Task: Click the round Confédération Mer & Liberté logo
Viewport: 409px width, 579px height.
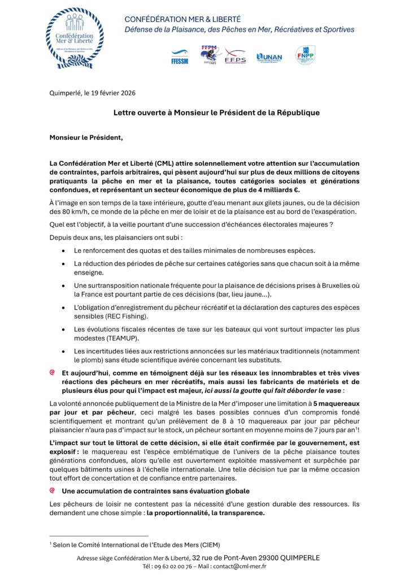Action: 75,38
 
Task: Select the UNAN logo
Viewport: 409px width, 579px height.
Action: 269,57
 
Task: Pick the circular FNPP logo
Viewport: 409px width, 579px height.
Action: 305,55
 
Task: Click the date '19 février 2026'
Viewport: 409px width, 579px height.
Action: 112,93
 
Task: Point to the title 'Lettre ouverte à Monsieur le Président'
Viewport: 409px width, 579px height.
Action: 216,113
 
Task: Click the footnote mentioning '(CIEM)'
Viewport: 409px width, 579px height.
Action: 134,544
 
